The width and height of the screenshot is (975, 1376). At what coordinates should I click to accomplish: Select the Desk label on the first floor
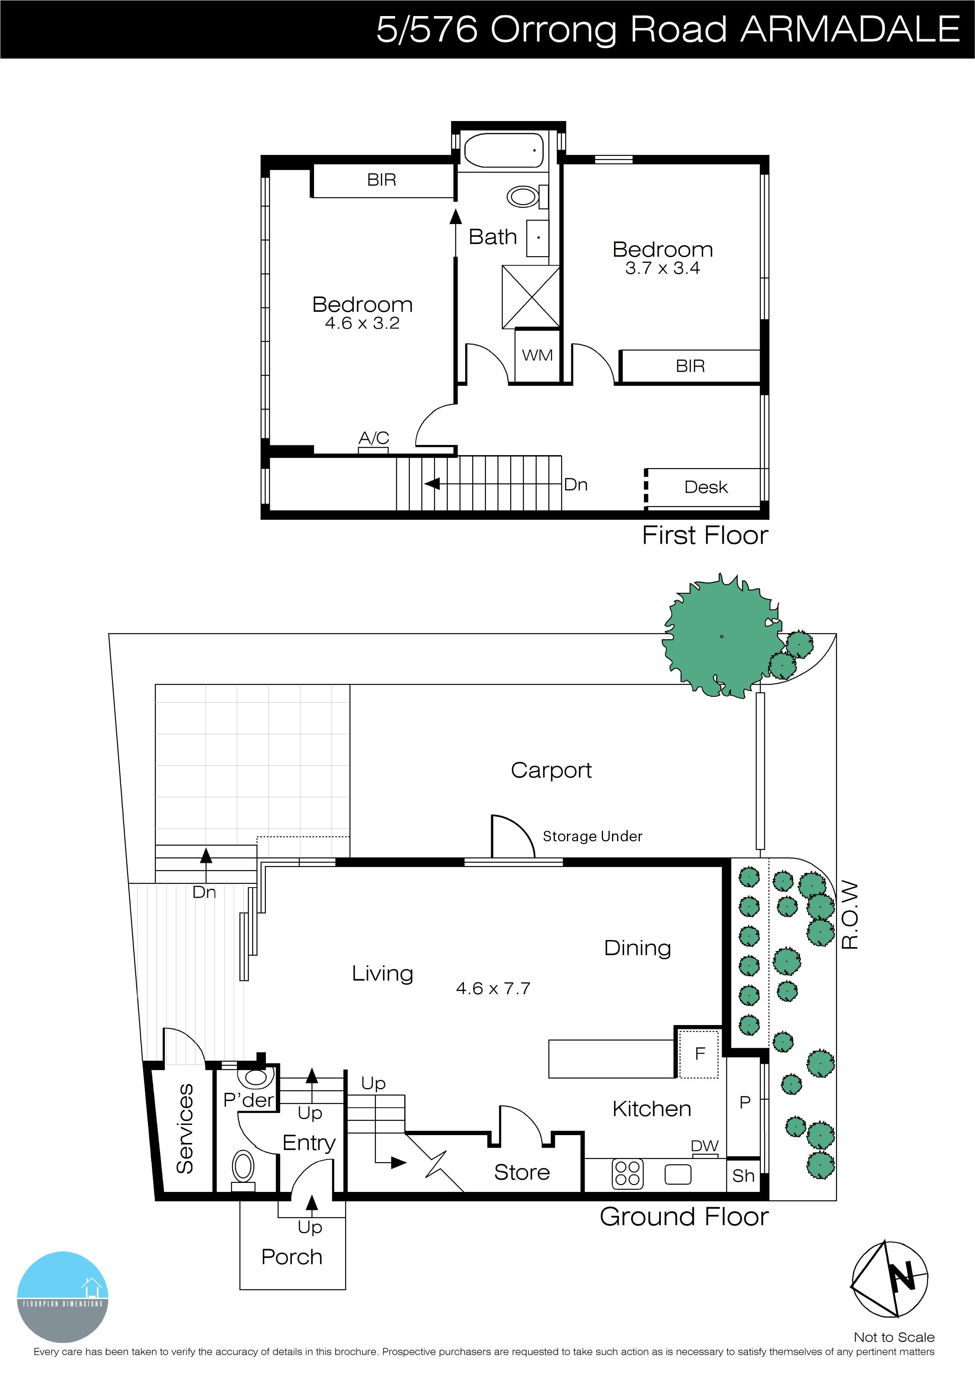[706, 487]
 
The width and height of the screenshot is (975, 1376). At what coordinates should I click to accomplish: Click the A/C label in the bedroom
[374, 438]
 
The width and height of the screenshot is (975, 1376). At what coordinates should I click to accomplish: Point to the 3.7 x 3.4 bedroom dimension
[663, 268]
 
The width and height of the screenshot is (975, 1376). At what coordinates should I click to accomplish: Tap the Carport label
[551, 770]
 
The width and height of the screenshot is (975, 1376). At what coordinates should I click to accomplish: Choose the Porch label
[292, 1257]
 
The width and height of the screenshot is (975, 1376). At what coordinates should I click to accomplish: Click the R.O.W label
[850, 915]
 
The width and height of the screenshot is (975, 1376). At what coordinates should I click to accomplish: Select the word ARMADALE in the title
[850, 29]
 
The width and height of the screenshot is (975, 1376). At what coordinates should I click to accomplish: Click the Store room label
[522, 1172]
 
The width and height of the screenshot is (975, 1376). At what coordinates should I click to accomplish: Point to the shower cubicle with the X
[531, 297]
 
